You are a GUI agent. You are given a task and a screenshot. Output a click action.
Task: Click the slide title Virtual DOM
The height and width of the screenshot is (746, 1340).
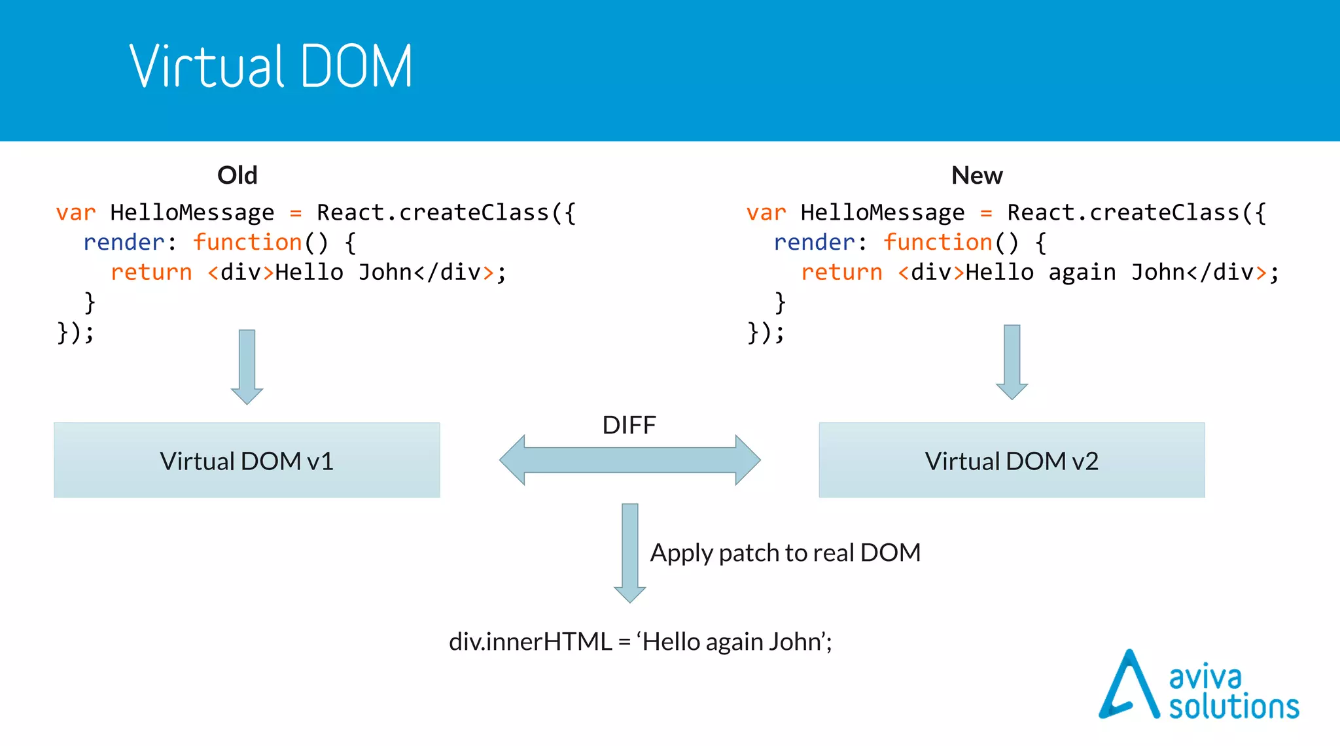(x=271, y=66)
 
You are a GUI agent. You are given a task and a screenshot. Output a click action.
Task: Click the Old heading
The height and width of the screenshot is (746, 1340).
(x=237, y=175)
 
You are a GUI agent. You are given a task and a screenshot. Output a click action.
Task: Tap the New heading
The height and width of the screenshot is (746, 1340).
(x=976, y=175)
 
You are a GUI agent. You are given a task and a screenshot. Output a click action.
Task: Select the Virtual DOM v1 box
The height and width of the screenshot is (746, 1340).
(x=247, y=460)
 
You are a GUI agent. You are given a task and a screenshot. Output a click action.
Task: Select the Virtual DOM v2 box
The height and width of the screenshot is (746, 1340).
(x=1011, y=460)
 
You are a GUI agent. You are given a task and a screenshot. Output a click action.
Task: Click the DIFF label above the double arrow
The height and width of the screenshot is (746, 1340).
(x=629, y=425)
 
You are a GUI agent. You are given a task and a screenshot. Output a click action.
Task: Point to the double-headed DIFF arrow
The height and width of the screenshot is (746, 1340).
(x=629, y=460)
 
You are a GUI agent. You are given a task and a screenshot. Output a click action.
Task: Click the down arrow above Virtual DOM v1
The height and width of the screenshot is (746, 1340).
(x=247, y=366)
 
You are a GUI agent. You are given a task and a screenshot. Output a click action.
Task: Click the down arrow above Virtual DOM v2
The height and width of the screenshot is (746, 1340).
(x=1012, y=362)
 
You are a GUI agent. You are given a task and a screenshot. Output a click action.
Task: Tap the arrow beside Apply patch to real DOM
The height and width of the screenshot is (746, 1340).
(x=629, y=552)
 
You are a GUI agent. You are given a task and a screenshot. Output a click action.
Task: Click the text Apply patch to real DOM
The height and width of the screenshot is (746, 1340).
(x=785, y=553)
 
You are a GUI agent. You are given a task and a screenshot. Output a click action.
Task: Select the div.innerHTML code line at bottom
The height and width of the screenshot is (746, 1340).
(x=640, y=641)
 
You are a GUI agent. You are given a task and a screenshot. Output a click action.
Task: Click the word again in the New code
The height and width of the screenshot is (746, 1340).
(x=1082, y=272)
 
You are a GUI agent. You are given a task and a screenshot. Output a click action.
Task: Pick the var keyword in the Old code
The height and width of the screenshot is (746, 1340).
(x=76, y=213)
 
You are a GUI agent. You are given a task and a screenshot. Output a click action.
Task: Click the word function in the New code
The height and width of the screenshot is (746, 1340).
(x=938, y=243)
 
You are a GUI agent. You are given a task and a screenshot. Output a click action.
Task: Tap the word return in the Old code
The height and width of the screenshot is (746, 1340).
(x=151, y=272)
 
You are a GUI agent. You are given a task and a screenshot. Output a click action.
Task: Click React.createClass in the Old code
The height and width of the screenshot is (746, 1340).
(x=432, y=213)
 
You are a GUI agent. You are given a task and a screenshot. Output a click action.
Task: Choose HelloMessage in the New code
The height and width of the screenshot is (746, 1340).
(x=882, y=213)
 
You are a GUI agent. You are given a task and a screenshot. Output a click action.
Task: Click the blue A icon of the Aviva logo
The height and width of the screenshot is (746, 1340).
(x=1127, y=687)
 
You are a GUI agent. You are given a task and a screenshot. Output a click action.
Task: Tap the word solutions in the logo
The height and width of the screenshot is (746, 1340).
(x=1234, y=707)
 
